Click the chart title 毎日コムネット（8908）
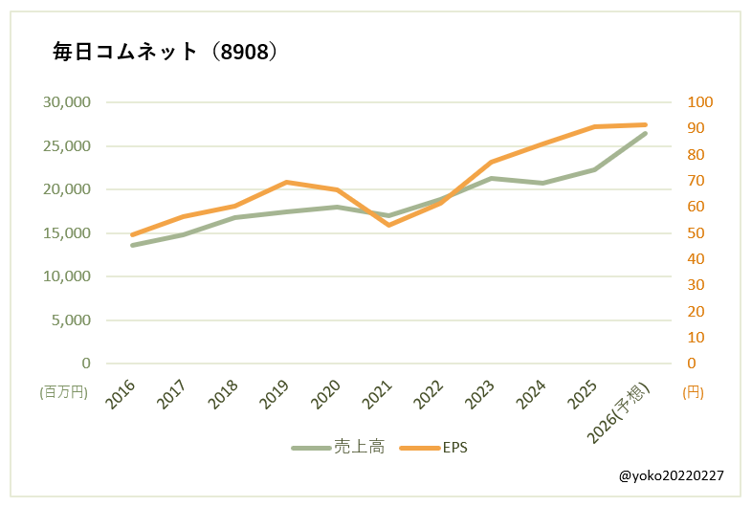(165, 53)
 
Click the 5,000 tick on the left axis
(71, 320)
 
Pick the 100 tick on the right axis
(700, 102)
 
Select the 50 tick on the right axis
(697, 233)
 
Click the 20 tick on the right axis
(697, 312)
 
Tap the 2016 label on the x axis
(121, 393)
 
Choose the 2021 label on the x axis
(378, 393)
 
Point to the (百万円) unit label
(62, 392)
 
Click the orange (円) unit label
(695, 392)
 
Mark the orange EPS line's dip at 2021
(388, 225)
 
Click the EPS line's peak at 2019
(286, 182)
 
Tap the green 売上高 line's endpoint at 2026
(645, 133)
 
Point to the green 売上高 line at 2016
(132, 245)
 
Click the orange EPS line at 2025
(594, 126)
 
